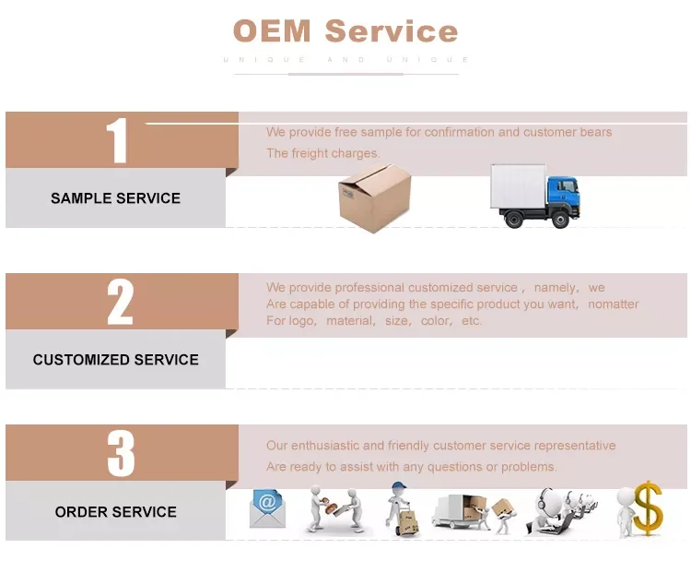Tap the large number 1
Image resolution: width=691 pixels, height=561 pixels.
117,141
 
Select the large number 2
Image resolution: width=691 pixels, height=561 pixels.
120,302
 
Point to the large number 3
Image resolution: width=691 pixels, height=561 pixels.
120,453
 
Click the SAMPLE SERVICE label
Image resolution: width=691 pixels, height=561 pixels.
115,198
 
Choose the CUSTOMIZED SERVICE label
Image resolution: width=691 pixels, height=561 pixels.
115,360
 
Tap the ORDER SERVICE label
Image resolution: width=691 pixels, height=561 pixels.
115,512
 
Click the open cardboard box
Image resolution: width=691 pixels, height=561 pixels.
373,197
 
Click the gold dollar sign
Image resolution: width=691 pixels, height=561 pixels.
648,507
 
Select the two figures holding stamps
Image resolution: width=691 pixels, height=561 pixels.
334,510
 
